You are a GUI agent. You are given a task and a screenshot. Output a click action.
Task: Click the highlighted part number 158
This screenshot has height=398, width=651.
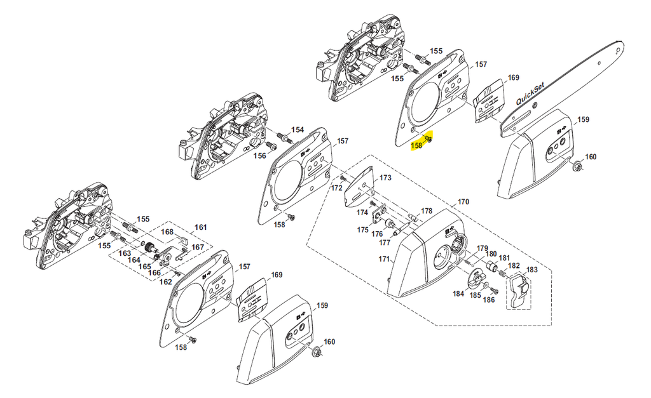(x=416, y=145)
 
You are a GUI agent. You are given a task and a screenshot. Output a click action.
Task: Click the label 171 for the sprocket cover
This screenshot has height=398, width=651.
(x=383, y=259)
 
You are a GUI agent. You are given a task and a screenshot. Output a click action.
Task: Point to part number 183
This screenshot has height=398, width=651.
(x=531, y=270)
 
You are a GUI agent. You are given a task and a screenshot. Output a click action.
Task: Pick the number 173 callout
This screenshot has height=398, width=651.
(x=385, y=178)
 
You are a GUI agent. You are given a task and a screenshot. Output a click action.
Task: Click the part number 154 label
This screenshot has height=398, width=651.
(x=298, y=129)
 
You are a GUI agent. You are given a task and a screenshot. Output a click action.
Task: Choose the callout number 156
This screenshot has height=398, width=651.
(x=259, y=156)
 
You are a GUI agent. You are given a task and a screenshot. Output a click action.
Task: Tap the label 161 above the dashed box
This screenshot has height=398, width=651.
(x=201, y=227)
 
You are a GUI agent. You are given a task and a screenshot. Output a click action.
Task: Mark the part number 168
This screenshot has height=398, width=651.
(x=167, y=232)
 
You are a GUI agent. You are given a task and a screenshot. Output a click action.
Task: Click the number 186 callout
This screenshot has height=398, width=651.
(x=489, y=300)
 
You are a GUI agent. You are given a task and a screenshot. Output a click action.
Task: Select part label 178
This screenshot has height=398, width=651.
(x=426, y=211)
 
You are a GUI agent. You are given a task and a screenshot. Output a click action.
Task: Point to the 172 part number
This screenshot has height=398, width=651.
(x=337, y=189)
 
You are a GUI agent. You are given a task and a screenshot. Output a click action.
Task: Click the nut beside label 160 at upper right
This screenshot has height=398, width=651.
(x=576, y=166)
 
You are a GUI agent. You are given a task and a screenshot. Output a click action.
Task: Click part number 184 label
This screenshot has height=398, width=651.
(x=458, y=293)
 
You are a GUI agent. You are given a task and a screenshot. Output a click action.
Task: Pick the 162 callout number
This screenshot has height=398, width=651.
(x=166, y=282)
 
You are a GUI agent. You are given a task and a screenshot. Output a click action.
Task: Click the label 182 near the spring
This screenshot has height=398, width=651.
(x=514, y=266)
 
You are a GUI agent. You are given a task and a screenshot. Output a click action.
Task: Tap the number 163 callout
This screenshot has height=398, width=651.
(x=125, y=253)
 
